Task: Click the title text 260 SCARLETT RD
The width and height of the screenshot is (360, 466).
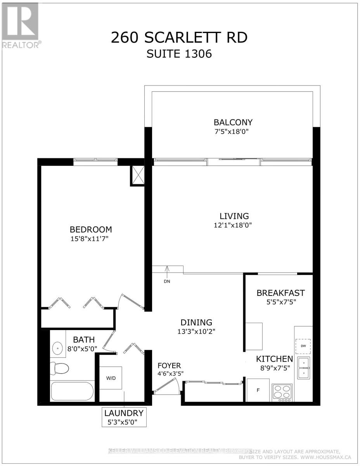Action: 179,38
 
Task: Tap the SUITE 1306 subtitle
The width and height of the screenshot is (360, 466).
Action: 179,54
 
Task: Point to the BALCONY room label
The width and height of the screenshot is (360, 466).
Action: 232,122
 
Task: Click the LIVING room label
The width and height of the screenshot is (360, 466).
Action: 234,216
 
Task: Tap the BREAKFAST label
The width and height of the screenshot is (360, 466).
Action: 280,292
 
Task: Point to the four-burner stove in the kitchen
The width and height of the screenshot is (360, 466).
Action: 282,392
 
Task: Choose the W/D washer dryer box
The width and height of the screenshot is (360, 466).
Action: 111,378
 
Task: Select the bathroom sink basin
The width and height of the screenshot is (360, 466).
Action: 57,348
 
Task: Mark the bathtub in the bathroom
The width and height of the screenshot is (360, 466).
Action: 72,392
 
